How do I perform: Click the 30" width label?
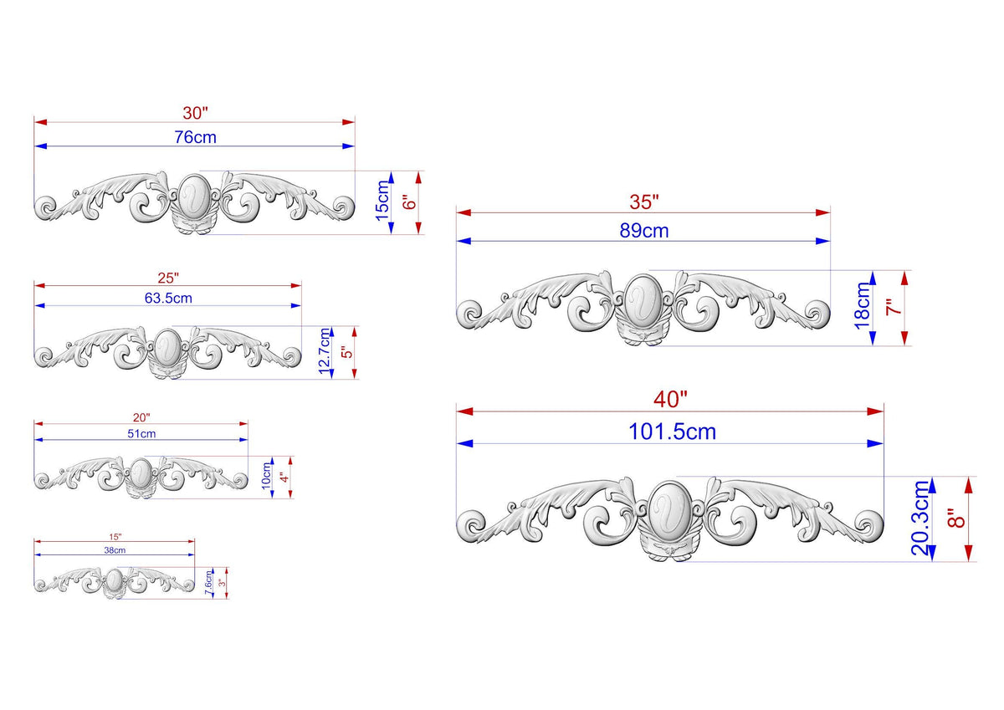pyautogui.click(x=195, y=113)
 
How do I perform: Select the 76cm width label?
pyautogui.click(x=196, y=137)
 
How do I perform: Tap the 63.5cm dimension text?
pyautogui.click(x=168, y=298)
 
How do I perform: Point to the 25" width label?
pyautogui.click(x=168, y=278)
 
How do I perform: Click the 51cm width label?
pyautogui.click(x=141, y=434)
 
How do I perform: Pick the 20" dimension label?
pyautogui.click(x=141, y=417)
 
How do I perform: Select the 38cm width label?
pyautogui.click(x=115, y=550)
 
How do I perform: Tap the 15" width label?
pyautogui.click(x=115, y=537)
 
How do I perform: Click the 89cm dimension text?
pyautogui.click(x=644, y=231)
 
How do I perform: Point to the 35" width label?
pyautogui.click(x=644, y=202)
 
